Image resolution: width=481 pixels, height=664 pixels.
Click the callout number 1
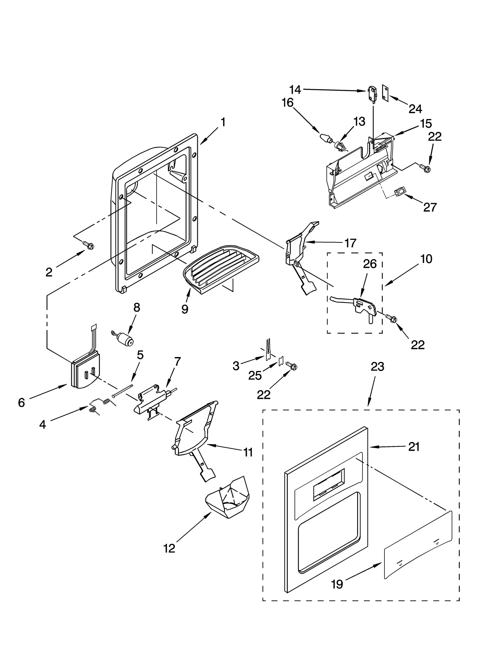pyautogui.click(x=223, y=122)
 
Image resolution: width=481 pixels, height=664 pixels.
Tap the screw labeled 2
pyautogui.click(x=89, y=245)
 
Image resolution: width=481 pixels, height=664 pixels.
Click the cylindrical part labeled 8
pyautogui.click(x=125, y=339)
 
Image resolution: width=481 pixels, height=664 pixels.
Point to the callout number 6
pyautogui.click(x=21, y=402)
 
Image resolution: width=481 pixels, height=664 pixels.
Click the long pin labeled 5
pyautogui.click(x=123, y=391)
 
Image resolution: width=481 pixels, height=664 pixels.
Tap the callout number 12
pyautogui.click(x=169, y=549)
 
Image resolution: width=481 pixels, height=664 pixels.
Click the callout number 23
pyautogui.click(x=378, y=367)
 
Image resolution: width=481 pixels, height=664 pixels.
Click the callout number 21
pyautogui.click(x=414, y=447)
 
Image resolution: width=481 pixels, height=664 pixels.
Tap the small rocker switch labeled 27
pyautogui.click(x=400, y=192)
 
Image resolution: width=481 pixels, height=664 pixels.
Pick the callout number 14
pyautogui.click(x=295, y=90)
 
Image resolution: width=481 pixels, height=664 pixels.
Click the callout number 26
pyautogui.click(x=370, y=264)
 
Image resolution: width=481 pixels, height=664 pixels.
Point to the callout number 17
pyautogui.click(x=350, y=243)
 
